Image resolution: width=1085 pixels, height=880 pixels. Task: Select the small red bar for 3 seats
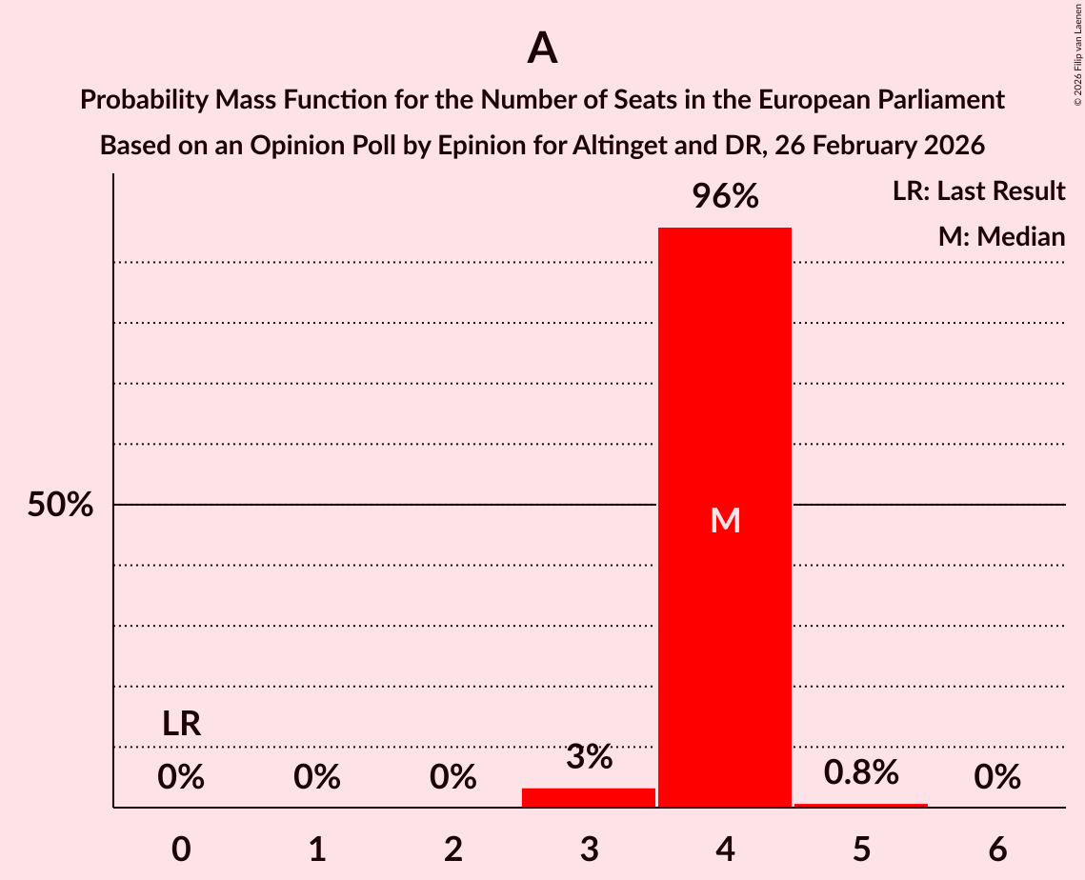[589, 798]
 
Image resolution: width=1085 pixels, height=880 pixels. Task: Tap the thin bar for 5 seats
[861, 806]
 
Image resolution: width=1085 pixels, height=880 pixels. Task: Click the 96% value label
[725, 197]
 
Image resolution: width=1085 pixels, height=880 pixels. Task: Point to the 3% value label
[589, 758]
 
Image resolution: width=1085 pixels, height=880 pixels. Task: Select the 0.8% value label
[861, 772]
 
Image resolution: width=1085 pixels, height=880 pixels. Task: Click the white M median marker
[725, 520]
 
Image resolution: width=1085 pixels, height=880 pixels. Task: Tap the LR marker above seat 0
[181, 724]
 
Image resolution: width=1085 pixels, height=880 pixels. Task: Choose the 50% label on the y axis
[60, 505]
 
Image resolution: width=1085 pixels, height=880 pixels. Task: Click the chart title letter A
[542, 48]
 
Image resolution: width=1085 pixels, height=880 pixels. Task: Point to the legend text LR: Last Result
[978, 191]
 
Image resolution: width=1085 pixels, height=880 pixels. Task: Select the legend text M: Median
[1001, 236]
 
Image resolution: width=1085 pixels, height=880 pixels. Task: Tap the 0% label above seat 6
[997, 778]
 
